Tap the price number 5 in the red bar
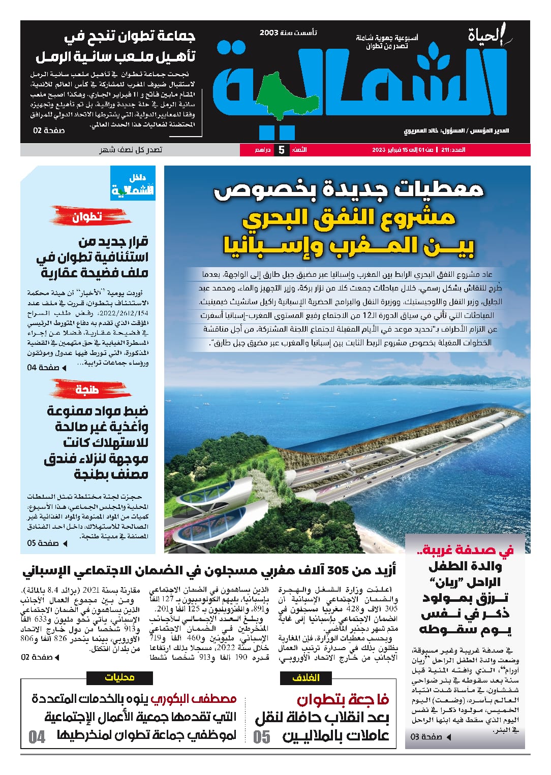click(281, 150)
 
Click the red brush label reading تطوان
click(87, 217)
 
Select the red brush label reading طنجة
click(86, 390)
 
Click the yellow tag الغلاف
click(306, 677)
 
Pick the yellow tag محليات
click(120, 677)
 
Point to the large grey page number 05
click(262, 736)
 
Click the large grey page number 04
click(37, 736)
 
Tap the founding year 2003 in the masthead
click(269, 33)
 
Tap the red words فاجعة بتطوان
click(343, 700)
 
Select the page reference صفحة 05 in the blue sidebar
click(43, 543)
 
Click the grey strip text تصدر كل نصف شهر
click(131, 150)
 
